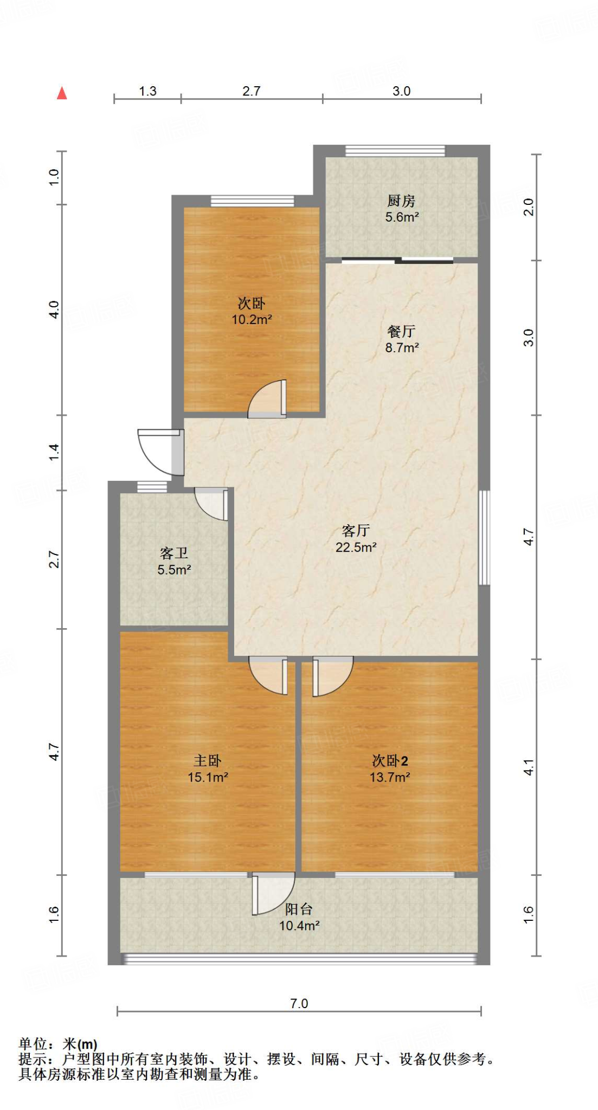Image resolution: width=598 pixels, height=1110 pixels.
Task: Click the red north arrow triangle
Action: point(62,93)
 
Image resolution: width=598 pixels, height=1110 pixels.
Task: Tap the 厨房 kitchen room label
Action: point(401,201)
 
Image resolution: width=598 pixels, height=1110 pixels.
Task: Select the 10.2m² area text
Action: point(252,320)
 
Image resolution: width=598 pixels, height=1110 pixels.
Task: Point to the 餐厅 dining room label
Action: point(401,331)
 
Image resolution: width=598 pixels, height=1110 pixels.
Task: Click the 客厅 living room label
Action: point(356,531)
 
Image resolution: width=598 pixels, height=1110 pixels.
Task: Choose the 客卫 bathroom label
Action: point(174,553)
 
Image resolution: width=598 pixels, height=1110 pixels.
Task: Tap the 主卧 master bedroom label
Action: point(208,761)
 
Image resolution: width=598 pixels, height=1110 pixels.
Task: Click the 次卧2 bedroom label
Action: point(390,761)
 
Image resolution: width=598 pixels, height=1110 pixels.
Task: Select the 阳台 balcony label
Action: point(299,909)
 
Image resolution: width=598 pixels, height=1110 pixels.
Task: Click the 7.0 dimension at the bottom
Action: point(299,1003)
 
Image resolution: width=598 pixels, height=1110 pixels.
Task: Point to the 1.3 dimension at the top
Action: point(147,91)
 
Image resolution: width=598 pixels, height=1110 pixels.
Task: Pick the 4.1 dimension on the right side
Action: point(529,767)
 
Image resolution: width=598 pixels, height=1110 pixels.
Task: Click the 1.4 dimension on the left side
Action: point(54,452)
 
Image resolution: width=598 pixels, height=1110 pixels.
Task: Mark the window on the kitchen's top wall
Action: point(395,150)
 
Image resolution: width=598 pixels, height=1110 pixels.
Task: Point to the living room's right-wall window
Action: point(484,538)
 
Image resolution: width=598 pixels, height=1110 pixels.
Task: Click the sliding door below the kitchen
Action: point(397,261)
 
